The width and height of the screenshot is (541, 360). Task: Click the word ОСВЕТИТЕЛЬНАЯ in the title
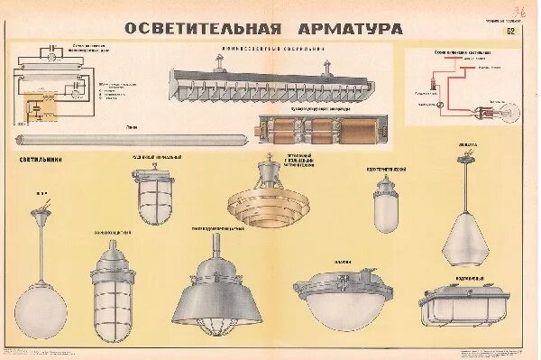pyautogui.click(x=187, y=27)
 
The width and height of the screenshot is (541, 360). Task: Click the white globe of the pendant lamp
pyautogui.click(x=41, y=281)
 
